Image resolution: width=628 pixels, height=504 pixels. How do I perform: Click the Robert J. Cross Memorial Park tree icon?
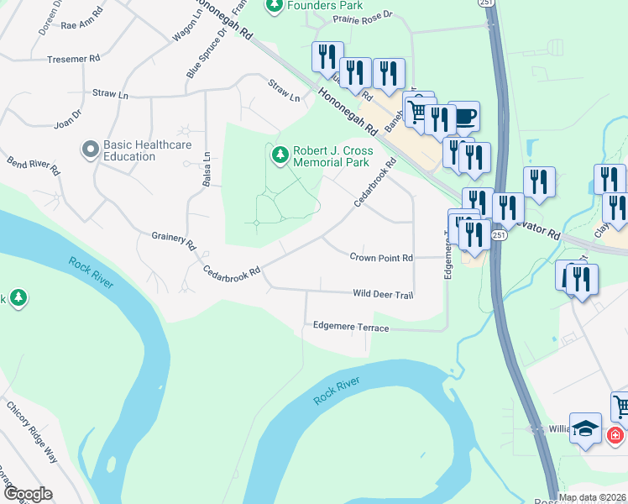click(x=279, y=155)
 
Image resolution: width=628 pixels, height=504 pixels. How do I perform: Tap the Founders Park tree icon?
click(x=274, y=6)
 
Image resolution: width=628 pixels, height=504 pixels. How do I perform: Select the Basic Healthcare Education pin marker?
click(x=91, y=150)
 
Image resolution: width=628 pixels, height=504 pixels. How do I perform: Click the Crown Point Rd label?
click(x=381, y=258)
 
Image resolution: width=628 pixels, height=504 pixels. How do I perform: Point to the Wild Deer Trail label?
click(x=383, y=294)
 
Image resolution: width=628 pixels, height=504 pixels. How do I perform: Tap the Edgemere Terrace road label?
click(x=350, y=327)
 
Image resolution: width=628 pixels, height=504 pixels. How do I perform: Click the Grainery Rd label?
click(x=174, y=241)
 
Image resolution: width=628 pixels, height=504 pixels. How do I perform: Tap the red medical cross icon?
click(x=615, y=436)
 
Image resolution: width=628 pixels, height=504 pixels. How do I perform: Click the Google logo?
click(x=27, y=494)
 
